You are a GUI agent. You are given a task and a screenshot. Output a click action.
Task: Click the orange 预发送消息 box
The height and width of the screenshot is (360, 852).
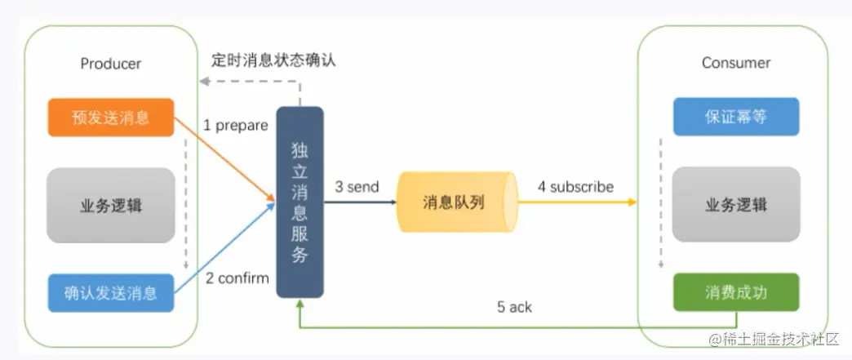pos(111,118)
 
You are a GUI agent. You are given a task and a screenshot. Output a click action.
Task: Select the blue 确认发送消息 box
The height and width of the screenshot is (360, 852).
pos(111,292)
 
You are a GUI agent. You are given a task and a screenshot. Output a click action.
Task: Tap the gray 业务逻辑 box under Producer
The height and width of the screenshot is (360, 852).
pos(111,206)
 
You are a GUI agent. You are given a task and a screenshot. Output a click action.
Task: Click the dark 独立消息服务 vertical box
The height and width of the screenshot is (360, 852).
pos(300,202)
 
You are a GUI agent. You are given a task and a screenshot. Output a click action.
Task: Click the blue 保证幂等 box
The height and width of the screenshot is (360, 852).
pos(735,117)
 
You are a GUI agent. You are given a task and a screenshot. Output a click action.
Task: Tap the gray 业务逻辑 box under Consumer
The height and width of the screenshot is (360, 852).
pos(735,206)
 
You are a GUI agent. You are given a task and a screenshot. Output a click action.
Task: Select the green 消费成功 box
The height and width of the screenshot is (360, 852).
pos(735,292)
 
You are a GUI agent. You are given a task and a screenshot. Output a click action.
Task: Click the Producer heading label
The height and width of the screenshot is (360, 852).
pos(111,64)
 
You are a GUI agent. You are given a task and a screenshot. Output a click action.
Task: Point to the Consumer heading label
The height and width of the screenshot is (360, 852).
pos(735,63)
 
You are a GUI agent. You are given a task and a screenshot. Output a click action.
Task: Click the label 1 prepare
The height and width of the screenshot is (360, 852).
pos(235,126)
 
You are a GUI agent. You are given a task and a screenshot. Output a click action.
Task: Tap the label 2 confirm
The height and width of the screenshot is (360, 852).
pos(237,278)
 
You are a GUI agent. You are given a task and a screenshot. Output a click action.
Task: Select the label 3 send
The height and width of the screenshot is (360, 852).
pos(357,187)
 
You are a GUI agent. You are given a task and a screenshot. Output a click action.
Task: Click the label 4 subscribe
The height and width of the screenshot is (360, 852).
pos(575,187)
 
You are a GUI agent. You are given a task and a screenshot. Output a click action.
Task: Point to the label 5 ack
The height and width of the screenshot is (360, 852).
pos(514,307)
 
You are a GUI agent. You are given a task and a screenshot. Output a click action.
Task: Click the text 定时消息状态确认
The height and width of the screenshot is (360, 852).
pos(273,60)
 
